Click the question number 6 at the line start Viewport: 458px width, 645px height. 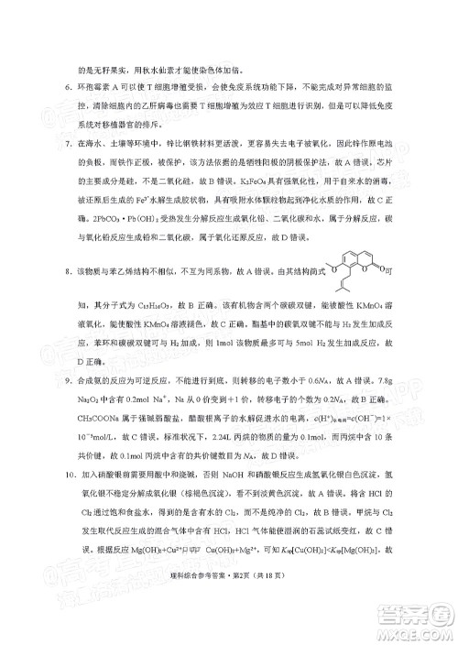[x=57, y=93]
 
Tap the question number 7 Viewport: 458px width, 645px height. [x=57, y=145]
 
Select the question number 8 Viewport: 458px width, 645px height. [x=57, y=272]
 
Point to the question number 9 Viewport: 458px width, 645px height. [x=57, y=374]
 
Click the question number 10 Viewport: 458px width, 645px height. [x=57, y=501]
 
